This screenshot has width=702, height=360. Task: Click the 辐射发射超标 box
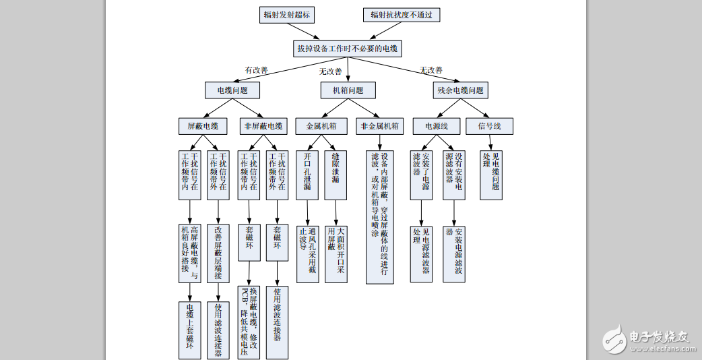pos(287,15)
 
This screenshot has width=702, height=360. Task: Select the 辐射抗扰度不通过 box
pos(401,15)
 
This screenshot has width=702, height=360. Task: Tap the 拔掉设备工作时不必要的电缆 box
pos(348,49)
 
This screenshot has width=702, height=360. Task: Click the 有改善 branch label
pos(256,69)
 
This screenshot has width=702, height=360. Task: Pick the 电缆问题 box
pos(232,90)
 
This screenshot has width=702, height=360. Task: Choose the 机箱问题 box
pos(348,90)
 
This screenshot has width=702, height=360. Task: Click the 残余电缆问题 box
pos(461,90)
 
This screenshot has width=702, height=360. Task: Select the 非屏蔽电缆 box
pos(263,126)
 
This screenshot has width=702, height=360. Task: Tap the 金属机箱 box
pos(321,126)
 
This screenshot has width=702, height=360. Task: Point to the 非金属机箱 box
pos(379,126)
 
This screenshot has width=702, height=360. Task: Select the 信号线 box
pos(489,126)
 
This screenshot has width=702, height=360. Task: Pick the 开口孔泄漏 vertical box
pos(307,175)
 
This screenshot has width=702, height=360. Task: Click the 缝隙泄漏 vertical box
pos(336,175)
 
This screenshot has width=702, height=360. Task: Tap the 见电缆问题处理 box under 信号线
pos(491,175)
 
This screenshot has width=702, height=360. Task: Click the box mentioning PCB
pos(249,322)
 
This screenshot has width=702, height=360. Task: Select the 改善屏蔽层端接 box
pos(218,253)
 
